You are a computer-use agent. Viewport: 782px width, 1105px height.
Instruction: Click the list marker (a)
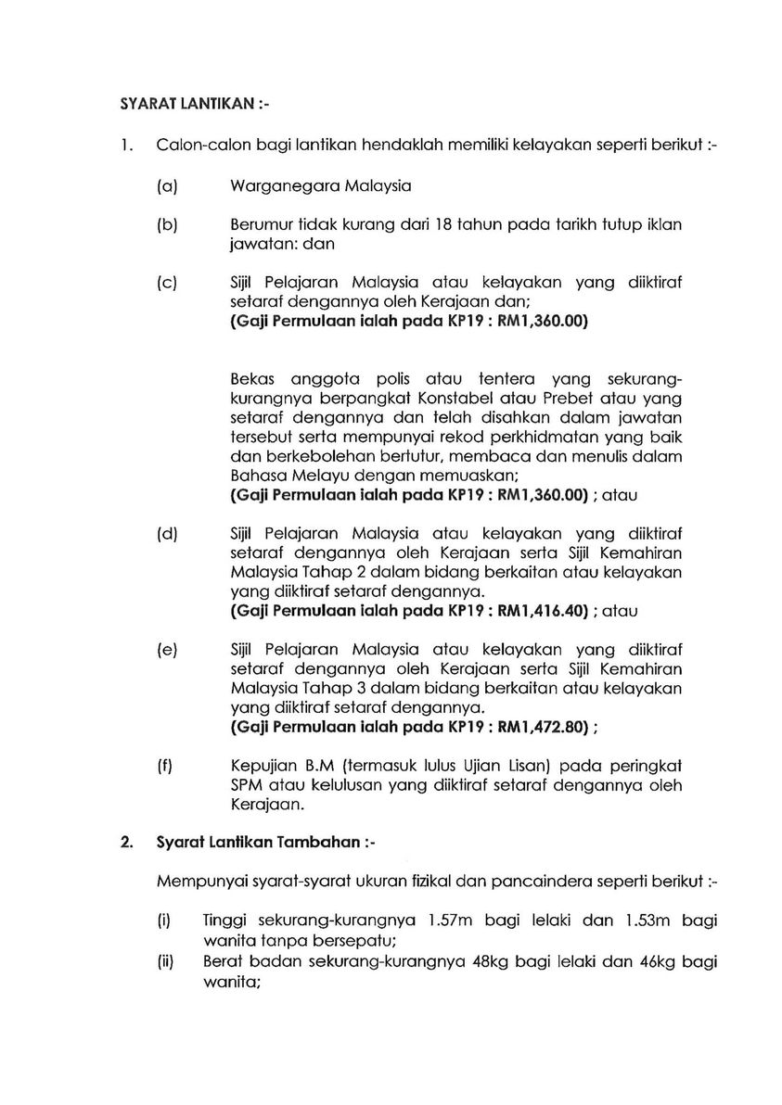tap(167, 185)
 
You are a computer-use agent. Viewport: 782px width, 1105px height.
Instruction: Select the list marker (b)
tap(167, 225)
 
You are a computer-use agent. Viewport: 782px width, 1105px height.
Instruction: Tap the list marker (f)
tap(166, 767)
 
